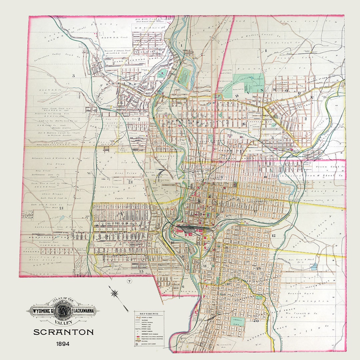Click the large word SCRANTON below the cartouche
[63, 332]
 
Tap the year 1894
[63, 343]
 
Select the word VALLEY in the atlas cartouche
[63, 323]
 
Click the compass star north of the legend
[115, 293]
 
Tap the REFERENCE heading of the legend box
[149, 314]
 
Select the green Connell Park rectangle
[237, 322]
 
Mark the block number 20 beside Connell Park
[256, 321]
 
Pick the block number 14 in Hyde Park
[120, 213]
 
